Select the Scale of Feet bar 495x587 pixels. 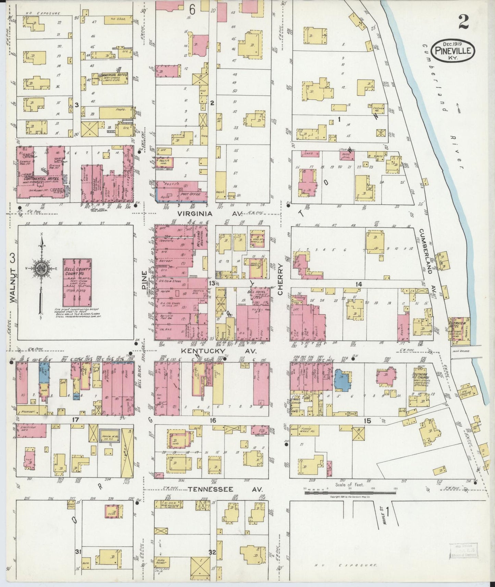pyautogui.click(x=349, y=492)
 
